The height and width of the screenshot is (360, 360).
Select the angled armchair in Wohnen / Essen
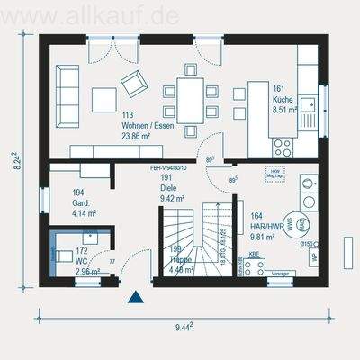click(x=134, y=83)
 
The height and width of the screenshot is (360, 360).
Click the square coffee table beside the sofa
click(x=103, y=98)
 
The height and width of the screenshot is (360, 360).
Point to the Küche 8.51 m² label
click(x=284, y=100)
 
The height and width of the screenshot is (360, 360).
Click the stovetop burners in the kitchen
click(x=283, y=146)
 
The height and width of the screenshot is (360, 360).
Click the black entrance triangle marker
click(x=136, y=296)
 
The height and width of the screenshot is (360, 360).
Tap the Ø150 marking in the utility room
click(x=307, y=243)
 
